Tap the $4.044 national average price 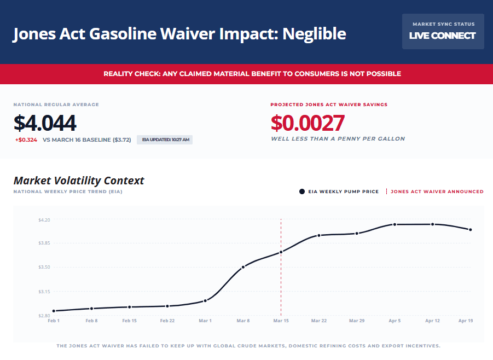click(x=45, y=123)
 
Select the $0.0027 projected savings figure click(x=308, y=123)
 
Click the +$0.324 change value click(x=26, y=140)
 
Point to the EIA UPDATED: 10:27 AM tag click(x=165, y=140)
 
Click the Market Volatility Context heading click(x=79, y=180)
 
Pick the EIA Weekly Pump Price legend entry click(x=339, y=191)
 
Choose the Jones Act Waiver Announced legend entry click(x=436, y=191)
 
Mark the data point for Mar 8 click(x=243, y=266)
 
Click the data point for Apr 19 click(x=471, y=230)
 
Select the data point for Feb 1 click(x=54, y=311)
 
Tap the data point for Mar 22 click(x=319, y=236)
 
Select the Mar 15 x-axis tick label click(x=281, y=321)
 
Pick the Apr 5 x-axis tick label click(x=395, y=321)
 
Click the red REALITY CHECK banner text click(x=252, y=73)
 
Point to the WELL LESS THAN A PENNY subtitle click(x=338, y=139)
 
